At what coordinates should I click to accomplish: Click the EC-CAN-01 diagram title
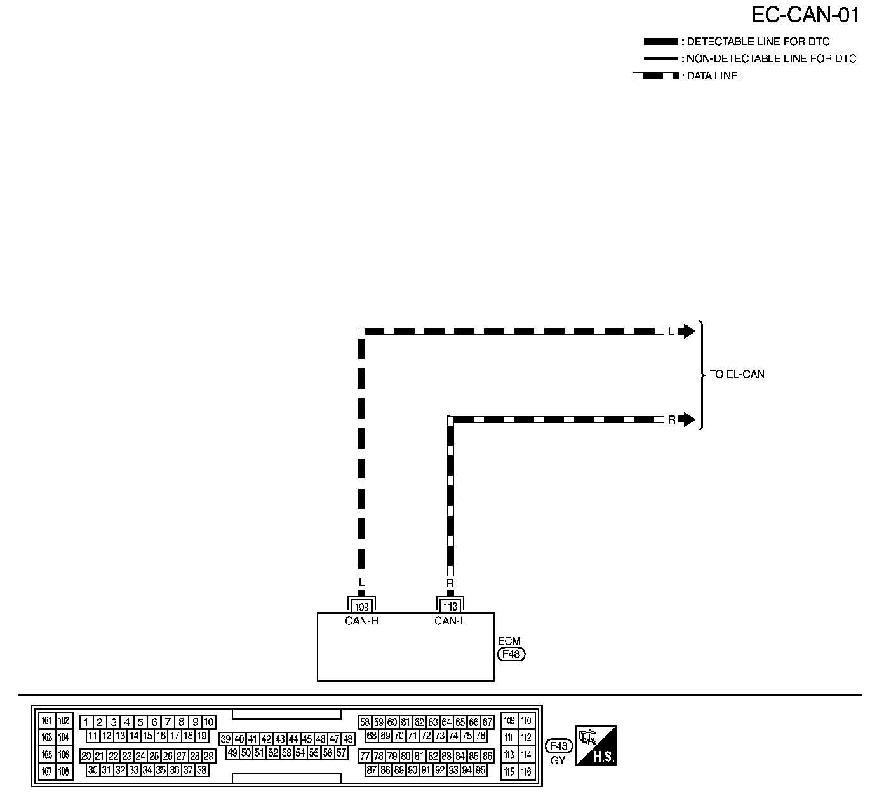[805, 15]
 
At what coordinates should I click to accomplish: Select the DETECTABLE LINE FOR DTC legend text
[758, 42]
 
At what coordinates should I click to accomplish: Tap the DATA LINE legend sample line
[655, 76]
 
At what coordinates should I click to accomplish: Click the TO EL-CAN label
[737, 374]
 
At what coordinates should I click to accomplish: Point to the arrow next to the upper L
[687, 331]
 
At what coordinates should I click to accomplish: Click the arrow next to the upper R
[687, 419]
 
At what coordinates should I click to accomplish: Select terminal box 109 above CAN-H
[361, 607]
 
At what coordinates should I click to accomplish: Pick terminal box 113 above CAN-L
[450, 607]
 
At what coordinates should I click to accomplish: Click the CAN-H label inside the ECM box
[361, 621]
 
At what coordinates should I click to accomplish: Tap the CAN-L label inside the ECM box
[450, 621]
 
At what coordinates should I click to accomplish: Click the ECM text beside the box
[509, 642]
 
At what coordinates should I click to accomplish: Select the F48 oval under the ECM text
[511, 654]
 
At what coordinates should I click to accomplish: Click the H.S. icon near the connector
[596, 745]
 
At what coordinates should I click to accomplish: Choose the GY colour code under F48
[558, 760]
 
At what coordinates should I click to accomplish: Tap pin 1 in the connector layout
[86, 722]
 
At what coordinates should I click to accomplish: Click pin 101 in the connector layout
[47, 721]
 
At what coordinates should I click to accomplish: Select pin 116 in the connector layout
[526, 772]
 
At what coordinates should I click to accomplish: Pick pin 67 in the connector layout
[487, 722]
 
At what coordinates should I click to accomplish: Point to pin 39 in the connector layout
[225, 739]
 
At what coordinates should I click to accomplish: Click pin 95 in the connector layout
[481, 770]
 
